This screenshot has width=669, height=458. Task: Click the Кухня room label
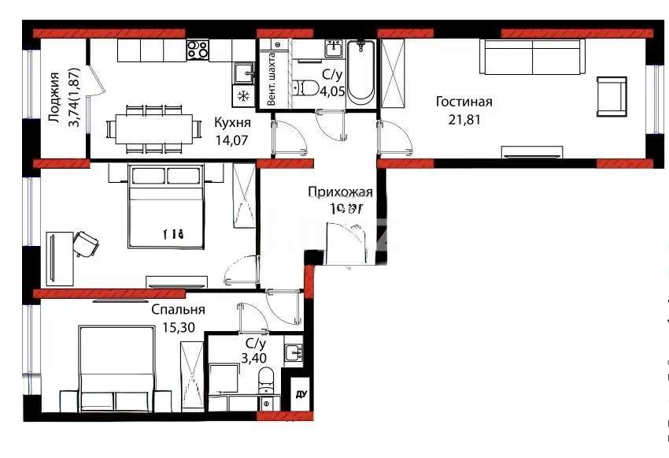pos(232,123)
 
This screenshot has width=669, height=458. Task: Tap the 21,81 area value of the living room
pos(464,120)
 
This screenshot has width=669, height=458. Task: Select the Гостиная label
pos(464,102)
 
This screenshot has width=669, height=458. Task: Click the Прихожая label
pos(340,192)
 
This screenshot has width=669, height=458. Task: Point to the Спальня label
pos(179,310)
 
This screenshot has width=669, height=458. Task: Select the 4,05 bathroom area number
pos(331,90)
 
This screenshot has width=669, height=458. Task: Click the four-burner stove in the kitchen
pos(198,50)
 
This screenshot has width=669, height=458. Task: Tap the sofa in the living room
pos(533,58)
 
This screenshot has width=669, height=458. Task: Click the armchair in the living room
pos(612,96)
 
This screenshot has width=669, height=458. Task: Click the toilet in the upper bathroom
pos(301,88)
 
